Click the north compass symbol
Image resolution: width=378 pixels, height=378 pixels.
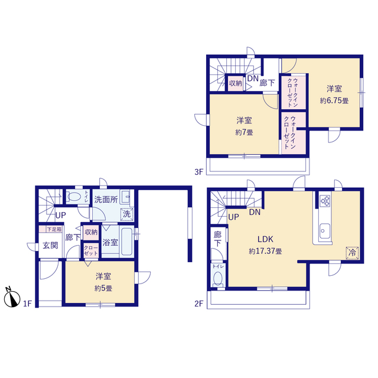pos(12,298)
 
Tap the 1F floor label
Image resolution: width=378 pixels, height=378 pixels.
pos(27,304)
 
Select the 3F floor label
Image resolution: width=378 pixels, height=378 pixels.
pos(199,172)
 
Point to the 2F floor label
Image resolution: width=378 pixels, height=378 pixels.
pos(199,304)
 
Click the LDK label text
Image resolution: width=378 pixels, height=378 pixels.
pos(265,239)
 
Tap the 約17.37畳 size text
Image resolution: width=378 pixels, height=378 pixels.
pos(265,251)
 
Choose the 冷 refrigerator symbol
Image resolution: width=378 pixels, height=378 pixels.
pos(352,253)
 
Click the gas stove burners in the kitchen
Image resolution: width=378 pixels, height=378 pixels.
pos(325,201)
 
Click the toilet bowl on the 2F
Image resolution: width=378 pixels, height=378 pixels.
pos(218,278)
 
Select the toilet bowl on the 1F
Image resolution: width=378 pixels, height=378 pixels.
pos(74,197)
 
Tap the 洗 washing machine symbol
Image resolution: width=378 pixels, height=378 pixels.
pos(126,214)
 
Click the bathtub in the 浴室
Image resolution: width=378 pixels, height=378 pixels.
pos(126,242)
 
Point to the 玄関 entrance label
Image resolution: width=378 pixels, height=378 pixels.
pos(50,246)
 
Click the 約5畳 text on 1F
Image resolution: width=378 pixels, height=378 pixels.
pos(103,288)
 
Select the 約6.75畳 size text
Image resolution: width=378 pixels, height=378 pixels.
pos(334,100)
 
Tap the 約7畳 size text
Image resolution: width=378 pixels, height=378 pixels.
pos(244,132)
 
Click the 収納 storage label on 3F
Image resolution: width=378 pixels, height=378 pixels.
pos(235,83)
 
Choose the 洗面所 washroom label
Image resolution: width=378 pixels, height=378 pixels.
pos(106,200)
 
